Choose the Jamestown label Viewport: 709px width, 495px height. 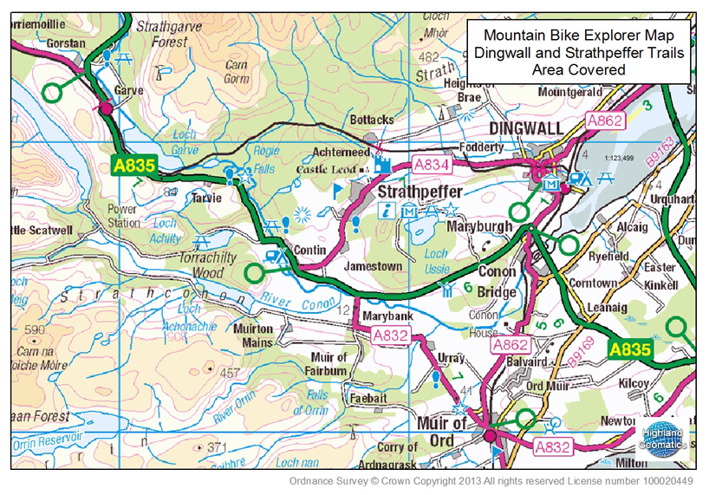tap(374, 266)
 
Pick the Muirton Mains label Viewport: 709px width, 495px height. tap(253, 335)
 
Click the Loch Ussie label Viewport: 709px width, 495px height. tap(436, 262)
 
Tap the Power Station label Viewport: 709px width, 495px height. tap(123, 216)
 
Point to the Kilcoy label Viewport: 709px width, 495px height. tap(634, 381)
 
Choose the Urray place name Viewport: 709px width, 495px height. tap(446, 357)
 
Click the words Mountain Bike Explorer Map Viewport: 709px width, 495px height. tap(578, 36)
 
